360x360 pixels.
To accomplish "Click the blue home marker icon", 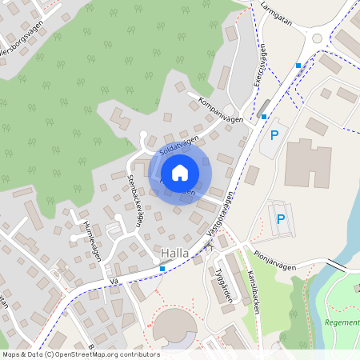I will (179, 172).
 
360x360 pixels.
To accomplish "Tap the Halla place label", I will (174, 254).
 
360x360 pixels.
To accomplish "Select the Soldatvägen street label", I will (178, 144).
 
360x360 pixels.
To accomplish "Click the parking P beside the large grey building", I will (274, 135).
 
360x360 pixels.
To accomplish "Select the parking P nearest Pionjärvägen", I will (280, 218).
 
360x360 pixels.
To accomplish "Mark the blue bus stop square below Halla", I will (162, 269).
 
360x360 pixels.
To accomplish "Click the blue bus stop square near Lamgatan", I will (298, 65).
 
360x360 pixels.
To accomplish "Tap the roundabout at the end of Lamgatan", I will (318, 37).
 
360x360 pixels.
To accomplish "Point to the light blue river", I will (346, 232).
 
